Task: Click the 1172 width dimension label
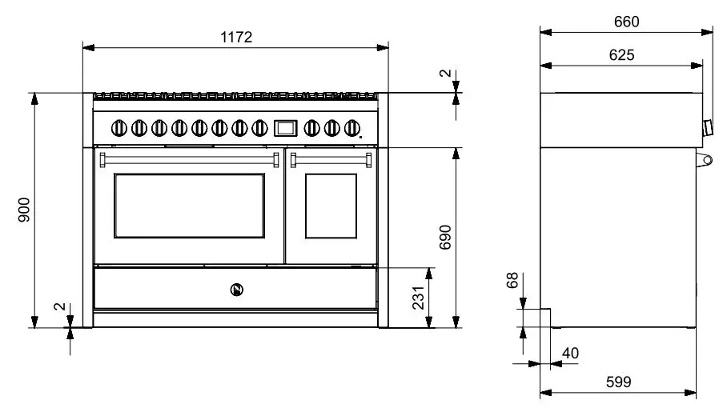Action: click(236, 37)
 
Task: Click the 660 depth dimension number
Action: click(626, 22)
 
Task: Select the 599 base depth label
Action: click(617, 382)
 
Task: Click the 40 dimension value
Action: click(570, 353)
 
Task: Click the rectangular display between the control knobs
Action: click(285, 127)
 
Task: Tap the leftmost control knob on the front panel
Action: click(119, 127)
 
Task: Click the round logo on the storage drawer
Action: click(236, 288)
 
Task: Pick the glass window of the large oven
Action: click(189, 206)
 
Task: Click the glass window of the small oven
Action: click(330, 206)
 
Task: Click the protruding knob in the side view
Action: click(708, 127)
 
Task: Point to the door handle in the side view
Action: click(705, 160)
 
